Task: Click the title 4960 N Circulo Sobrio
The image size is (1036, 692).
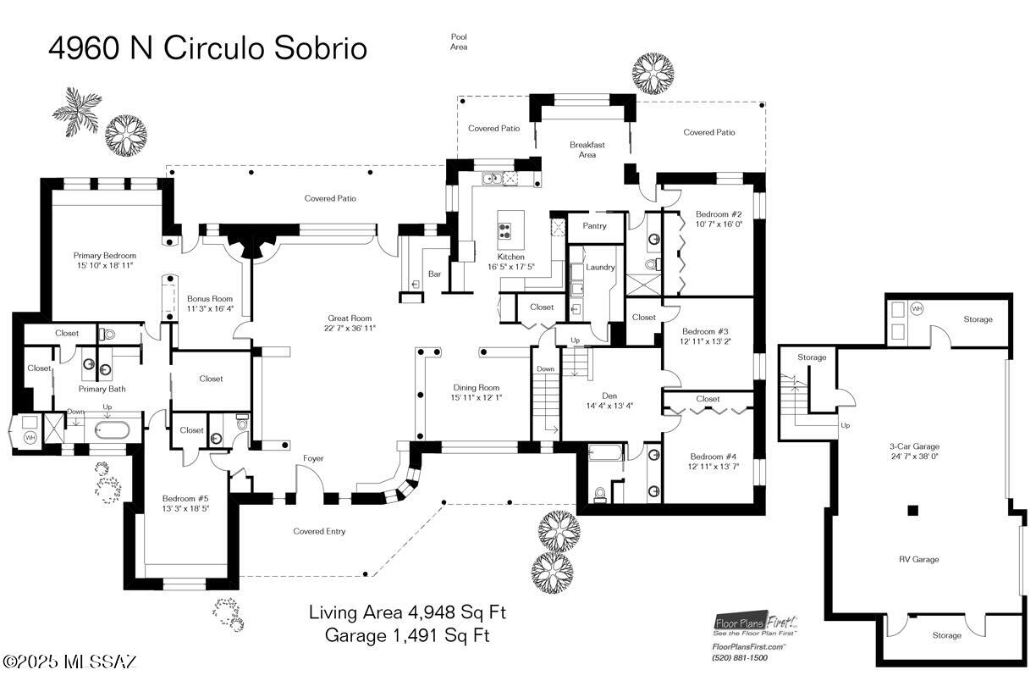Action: tap(207, 48)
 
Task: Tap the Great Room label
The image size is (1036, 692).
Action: tap(350, 318)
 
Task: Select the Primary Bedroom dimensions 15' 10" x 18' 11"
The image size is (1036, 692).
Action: tap(104, 266)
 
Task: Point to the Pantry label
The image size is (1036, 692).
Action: tap(595, 226)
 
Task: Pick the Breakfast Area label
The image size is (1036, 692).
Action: tap(587, 150)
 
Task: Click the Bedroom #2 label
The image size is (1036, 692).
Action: tap(719, 214)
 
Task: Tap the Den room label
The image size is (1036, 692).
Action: tap(609, 395)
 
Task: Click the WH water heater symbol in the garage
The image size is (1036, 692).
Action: tap(917, 309)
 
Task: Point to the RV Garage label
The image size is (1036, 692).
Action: tap(918, 559)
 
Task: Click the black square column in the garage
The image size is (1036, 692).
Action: tap(912, 510)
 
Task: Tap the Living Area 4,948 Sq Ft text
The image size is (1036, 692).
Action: tap(407, 612)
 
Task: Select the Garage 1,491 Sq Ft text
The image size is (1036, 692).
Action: tap(407, 634)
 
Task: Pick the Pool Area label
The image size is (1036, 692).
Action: tap(459, 42)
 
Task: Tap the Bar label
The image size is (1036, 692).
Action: tap(435, 274)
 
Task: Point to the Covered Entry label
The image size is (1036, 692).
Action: tap(319, 532)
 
